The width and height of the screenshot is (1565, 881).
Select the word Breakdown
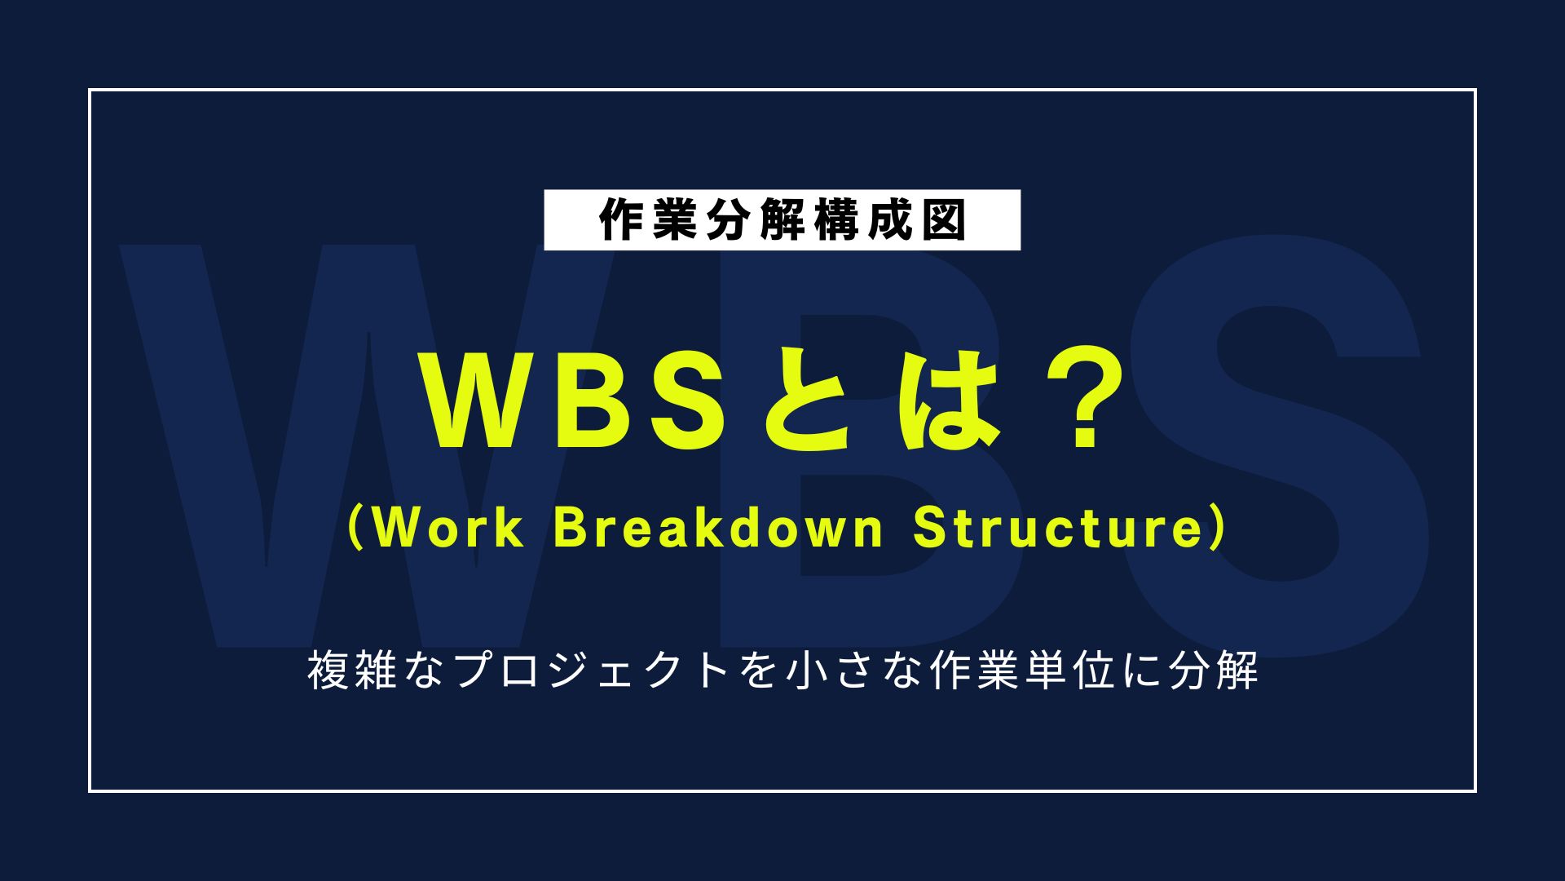click(718, 528)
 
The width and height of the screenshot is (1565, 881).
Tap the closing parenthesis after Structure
click(1218, 528)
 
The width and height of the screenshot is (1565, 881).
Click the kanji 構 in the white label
click(835, 220)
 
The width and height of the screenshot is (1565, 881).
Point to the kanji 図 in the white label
click(943, 220)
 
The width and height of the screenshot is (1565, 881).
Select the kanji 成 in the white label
click(889, 220)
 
